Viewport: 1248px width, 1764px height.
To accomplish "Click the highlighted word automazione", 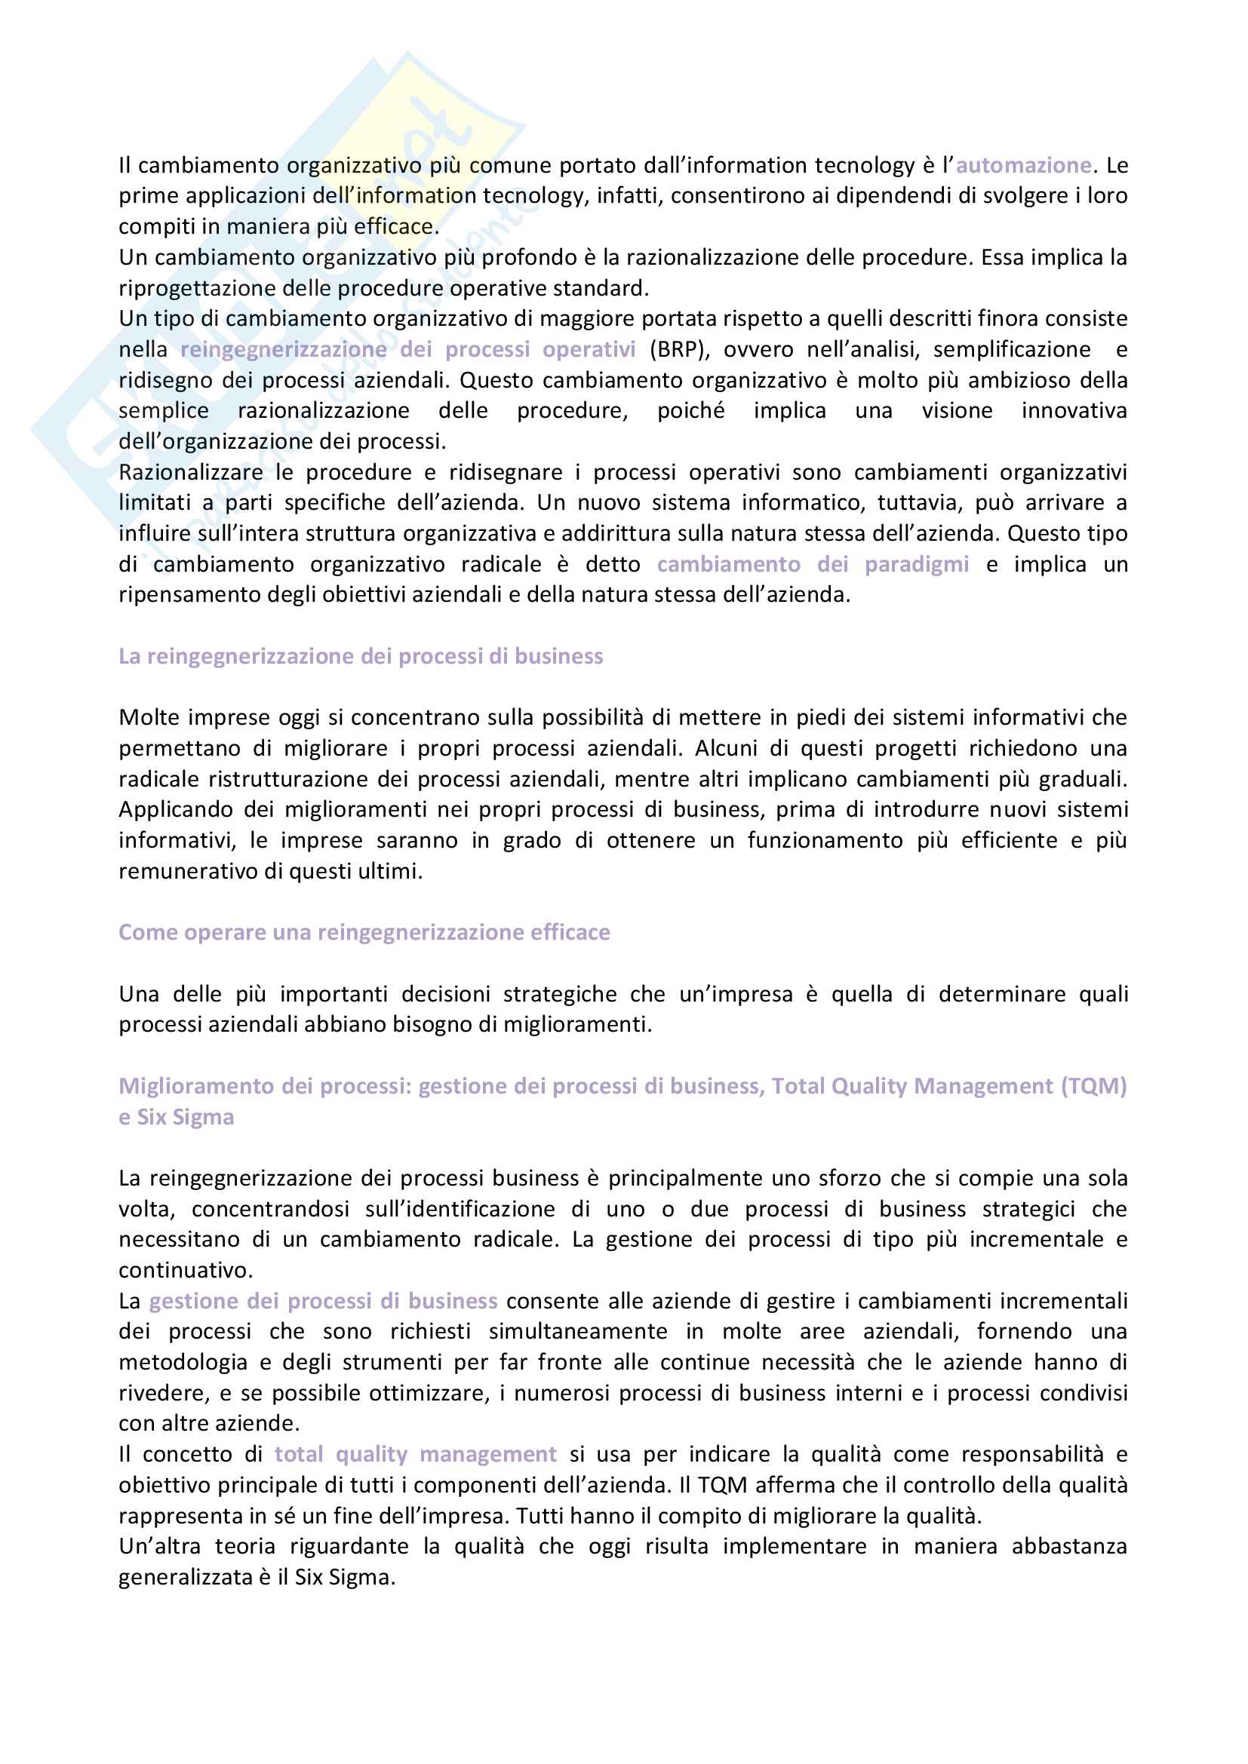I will pos(1023,165).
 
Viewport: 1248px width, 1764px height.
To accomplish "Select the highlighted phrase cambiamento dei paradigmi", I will pos(813,565).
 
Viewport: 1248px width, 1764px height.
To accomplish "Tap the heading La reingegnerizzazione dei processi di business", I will pos(361,656).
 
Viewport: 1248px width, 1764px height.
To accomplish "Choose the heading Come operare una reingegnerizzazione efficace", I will pos(364,932).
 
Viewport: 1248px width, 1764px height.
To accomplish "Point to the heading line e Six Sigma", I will pos(176,1116).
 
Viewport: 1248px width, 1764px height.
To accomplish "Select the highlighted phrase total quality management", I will pos(415,1454).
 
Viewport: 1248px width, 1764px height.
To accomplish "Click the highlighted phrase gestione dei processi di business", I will pos(323,1301).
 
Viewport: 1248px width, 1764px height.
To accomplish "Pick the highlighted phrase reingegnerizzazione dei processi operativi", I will pos(407,350).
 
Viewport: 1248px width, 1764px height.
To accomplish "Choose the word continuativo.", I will pos(185,1270).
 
